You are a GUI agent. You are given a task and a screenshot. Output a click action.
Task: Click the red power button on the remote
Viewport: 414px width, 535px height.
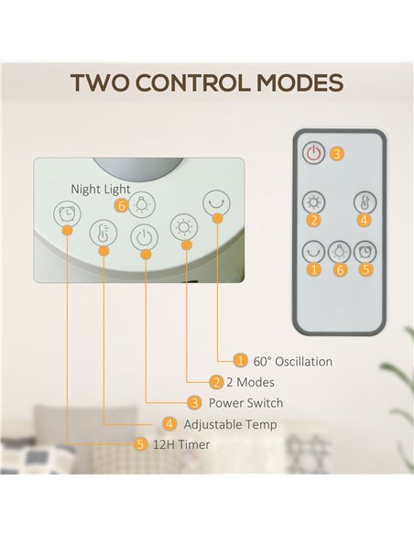pos(313,152)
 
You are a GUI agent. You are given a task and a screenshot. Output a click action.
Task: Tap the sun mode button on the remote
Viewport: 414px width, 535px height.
pos(313,202)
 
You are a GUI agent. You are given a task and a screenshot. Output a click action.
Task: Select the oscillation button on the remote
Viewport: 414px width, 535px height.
pos(313,252)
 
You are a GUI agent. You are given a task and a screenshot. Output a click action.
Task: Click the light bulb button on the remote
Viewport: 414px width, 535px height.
pos(339,252)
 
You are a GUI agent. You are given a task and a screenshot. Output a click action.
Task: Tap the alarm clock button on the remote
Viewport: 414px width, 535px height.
pos(365,252)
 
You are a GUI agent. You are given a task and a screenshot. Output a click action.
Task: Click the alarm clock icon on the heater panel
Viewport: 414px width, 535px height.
pos(67,214)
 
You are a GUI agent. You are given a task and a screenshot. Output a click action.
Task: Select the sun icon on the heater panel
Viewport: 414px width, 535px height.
pos(184,227)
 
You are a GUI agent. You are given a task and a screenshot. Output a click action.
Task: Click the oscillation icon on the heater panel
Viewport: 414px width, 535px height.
pos(216,203)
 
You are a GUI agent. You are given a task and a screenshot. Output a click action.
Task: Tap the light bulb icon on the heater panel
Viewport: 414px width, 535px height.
pos(142,204)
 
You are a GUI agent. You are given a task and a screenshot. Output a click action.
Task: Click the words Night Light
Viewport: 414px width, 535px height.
pos(101,190)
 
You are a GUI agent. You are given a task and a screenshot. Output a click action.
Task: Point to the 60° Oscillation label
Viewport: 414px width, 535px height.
pos(292,362)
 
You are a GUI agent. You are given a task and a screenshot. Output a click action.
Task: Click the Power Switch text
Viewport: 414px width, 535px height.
pos(245,403)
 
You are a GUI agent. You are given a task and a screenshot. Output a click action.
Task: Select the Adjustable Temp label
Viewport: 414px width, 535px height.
pos(230,424)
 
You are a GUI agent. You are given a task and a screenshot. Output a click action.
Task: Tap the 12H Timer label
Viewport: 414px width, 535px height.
pos(181,444)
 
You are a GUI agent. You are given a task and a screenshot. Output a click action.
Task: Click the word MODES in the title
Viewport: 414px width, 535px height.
pos(300,83)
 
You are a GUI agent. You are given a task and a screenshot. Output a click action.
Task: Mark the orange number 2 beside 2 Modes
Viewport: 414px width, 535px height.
pos(216,382)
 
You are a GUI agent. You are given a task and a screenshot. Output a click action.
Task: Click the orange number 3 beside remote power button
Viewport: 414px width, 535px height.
pos(336,154)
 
